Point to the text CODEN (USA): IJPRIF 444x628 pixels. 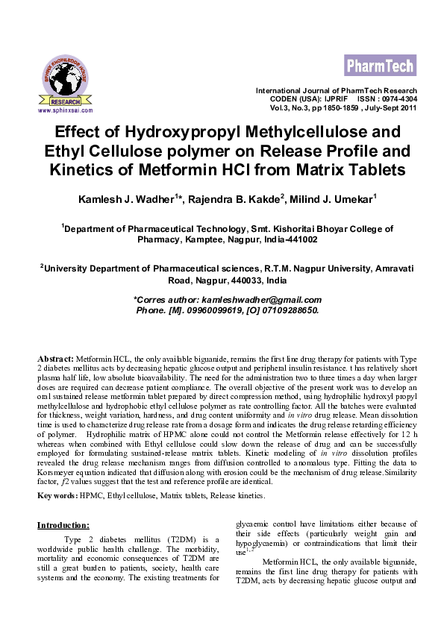(322, 99)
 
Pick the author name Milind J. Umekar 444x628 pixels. (334, 200)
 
